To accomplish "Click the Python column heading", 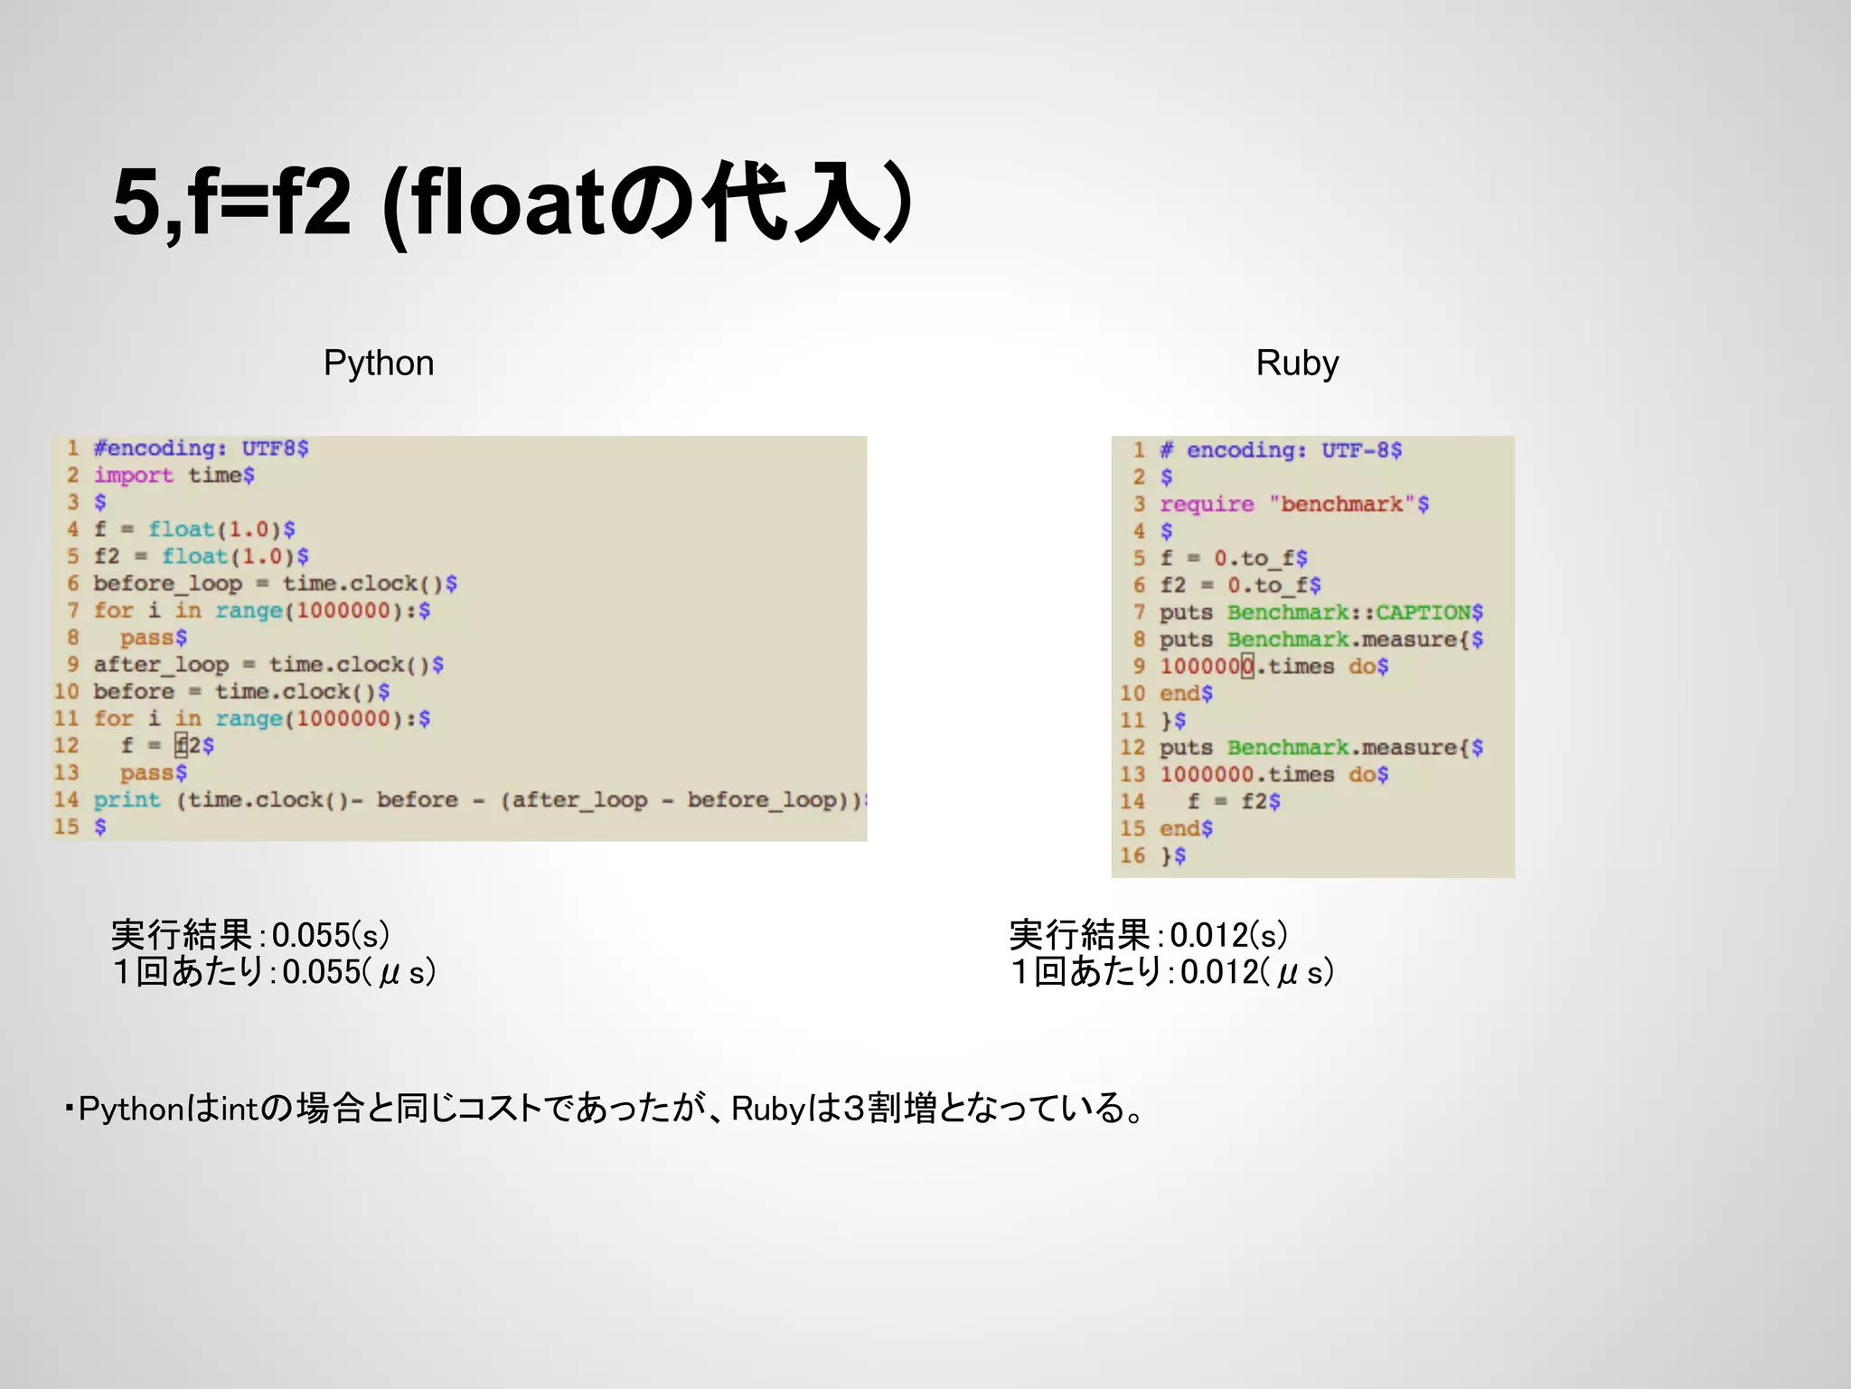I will coord(379,364).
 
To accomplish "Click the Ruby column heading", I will coord(1296,364).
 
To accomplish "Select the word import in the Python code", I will coord(133,476).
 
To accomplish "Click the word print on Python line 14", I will coord(127,800).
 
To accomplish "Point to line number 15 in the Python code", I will coord(66,827).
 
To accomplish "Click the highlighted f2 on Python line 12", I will coord(189,746).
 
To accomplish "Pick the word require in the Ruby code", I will coord(1207,505).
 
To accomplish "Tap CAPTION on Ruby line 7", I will coord(1423,613).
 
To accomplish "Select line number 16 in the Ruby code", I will coord(1132,856).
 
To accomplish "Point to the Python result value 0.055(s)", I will coord(330,935).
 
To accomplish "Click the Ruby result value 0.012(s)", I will coord(1228,935).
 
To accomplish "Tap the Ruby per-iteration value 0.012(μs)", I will coord(1256,972).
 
